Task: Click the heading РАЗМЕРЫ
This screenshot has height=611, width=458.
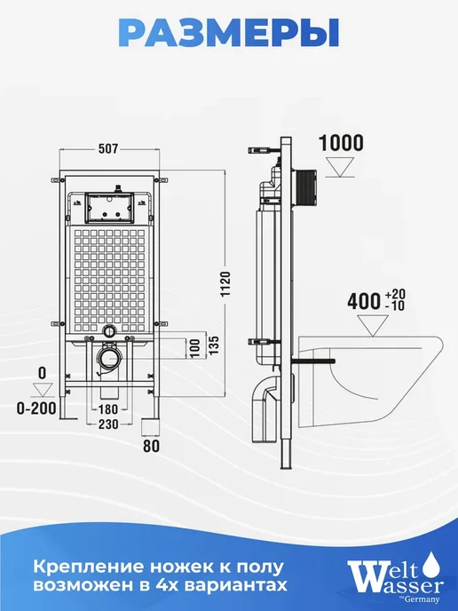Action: [x=229, y=34]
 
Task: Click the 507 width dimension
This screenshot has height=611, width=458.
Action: [x=108, y=149]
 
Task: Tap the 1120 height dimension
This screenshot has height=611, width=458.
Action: [x=225, y=283]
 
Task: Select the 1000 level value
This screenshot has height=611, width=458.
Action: [x=341, y=143]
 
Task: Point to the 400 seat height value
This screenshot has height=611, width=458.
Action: [x=364, y=301]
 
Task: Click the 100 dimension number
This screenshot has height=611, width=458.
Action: [x=194, y=348]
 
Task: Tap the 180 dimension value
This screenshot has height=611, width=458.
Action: [x=107, y=409]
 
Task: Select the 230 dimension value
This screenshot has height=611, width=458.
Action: [x=108, y=424]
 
